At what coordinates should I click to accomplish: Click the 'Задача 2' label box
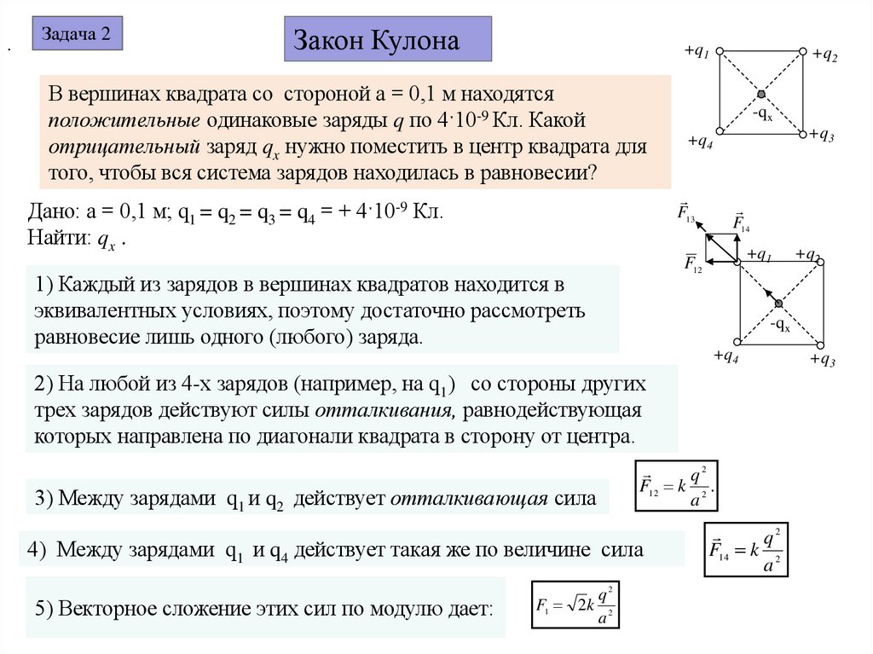[x=77, y=35]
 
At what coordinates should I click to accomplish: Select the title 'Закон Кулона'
[x=387, y=41]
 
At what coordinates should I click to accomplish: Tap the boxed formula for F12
[x=679, y=486]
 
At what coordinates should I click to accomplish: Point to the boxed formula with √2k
[x=575, y=605]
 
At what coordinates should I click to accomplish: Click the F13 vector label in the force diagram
[x=687, y=212]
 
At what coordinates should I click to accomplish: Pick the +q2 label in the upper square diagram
[x=824, y=56]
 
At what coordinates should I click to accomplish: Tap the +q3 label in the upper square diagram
[x=822, y=136]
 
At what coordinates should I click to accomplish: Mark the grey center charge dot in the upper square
[x=761, y=93]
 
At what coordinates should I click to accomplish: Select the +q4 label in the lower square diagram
[x=726, y=356]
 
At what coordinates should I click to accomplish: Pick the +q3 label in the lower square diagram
[x=822, y=360]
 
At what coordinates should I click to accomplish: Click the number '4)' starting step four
[x=36, y=550]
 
